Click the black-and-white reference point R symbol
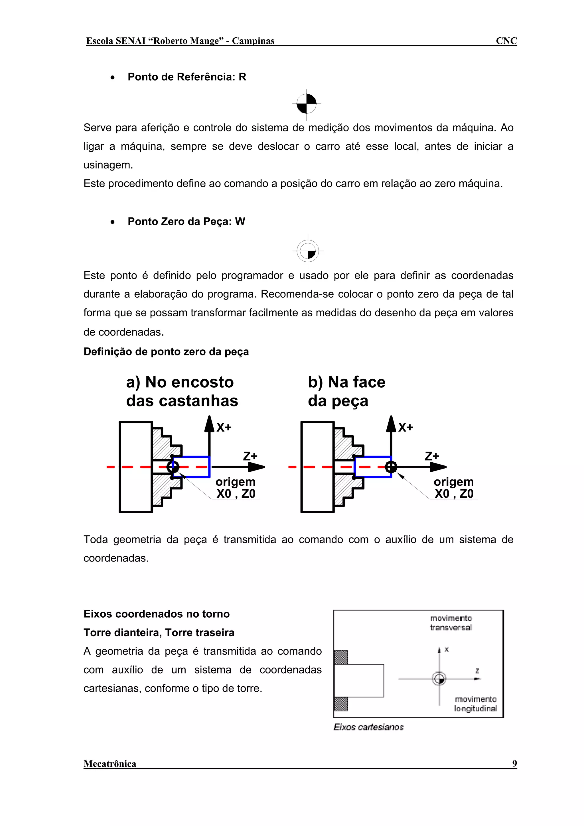[x=306, y=104]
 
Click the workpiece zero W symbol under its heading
[x=308, y=251]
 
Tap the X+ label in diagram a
[x=224, y=427]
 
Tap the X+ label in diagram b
[x=405, y=427]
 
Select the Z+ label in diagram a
[x=250, y=456]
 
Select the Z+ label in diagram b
[x=432, y=456]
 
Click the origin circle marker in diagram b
[x=391, y=467]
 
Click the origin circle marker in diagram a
[x=173, y=467]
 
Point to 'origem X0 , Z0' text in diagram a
[x=236, y=488]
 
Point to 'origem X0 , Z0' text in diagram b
[x=454, y=488]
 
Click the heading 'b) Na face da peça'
[x=346, y=391]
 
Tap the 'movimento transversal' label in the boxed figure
[x=451, y=623]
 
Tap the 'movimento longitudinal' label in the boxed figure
[x=475, y=704]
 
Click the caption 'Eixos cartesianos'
[x=368, y=727]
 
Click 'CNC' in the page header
[x=506, y=41]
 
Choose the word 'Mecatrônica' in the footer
[x=110, y=764]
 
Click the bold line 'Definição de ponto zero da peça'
[x=166, y=351]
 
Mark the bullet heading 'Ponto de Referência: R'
[x=187, y=77]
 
